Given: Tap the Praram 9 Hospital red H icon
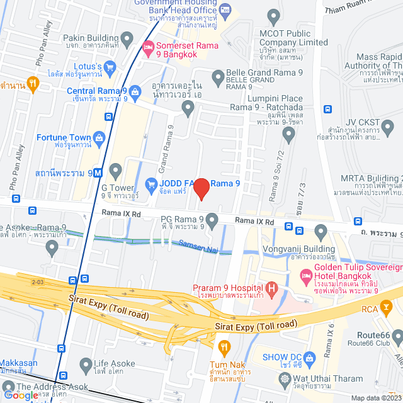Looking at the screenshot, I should [x=271, y=290].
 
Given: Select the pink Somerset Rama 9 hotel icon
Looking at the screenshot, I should [x=149, y=47].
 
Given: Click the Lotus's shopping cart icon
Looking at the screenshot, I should [x=110, y=66].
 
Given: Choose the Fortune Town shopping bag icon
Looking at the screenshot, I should [x=99, y=137].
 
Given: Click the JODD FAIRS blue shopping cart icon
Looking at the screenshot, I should [x=150, y=184].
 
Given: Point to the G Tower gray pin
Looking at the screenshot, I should [x=115, y=170].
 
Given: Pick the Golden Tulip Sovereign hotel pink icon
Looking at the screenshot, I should [x=307, y=276].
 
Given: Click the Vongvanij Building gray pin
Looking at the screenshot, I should [x=321, y=234].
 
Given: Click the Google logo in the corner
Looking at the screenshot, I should [x=20, y=395].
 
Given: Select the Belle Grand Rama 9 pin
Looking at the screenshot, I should [x=219, y=79].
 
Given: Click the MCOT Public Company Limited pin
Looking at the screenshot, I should [x=273, y=16].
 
